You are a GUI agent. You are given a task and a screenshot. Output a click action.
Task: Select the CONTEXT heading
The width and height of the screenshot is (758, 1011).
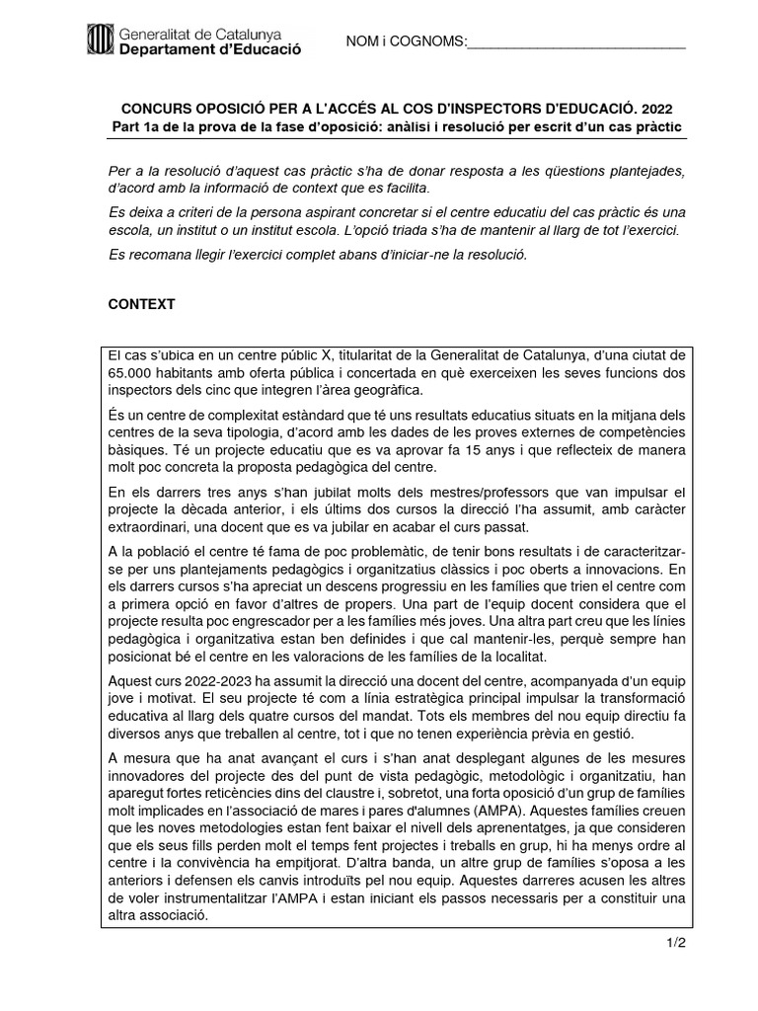tap(141, 304)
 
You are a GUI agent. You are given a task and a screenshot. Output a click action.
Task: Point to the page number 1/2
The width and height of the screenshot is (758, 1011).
tap(675, 943)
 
